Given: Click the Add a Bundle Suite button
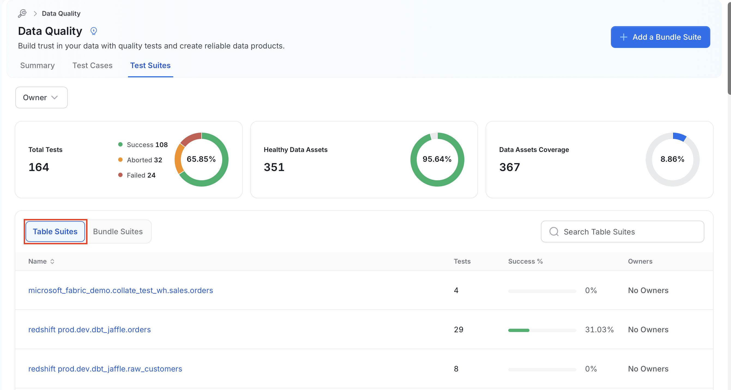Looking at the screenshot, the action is [660, 37].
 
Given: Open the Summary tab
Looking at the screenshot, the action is [38, 66].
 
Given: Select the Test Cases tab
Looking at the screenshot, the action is [93, 66].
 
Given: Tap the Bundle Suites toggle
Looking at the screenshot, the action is [118, 231].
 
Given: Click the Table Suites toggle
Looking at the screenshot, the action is [55, 231].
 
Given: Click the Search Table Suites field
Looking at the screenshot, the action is [622, 231].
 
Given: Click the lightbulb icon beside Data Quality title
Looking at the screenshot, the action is [94, 31].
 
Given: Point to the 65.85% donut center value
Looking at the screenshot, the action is [201, 159].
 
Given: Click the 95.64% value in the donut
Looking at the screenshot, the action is [437, 159].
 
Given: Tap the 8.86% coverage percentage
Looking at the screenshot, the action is [672, 159].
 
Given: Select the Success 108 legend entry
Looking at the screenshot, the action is [143, 145].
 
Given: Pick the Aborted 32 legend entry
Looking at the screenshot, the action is [140, 160].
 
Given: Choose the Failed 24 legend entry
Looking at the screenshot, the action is [137, 175].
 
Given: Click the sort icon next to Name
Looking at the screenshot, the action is [52, 261].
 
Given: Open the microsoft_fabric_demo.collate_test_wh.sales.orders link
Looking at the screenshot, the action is [121, 290].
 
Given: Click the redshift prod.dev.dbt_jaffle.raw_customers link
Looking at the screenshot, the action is [105, 369].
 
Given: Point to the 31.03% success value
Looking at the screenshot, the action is [599, 330].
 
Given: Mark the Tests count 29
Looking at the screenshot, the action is [459, 330].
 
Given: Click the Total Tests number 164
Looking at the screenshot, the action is [39, 167].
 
